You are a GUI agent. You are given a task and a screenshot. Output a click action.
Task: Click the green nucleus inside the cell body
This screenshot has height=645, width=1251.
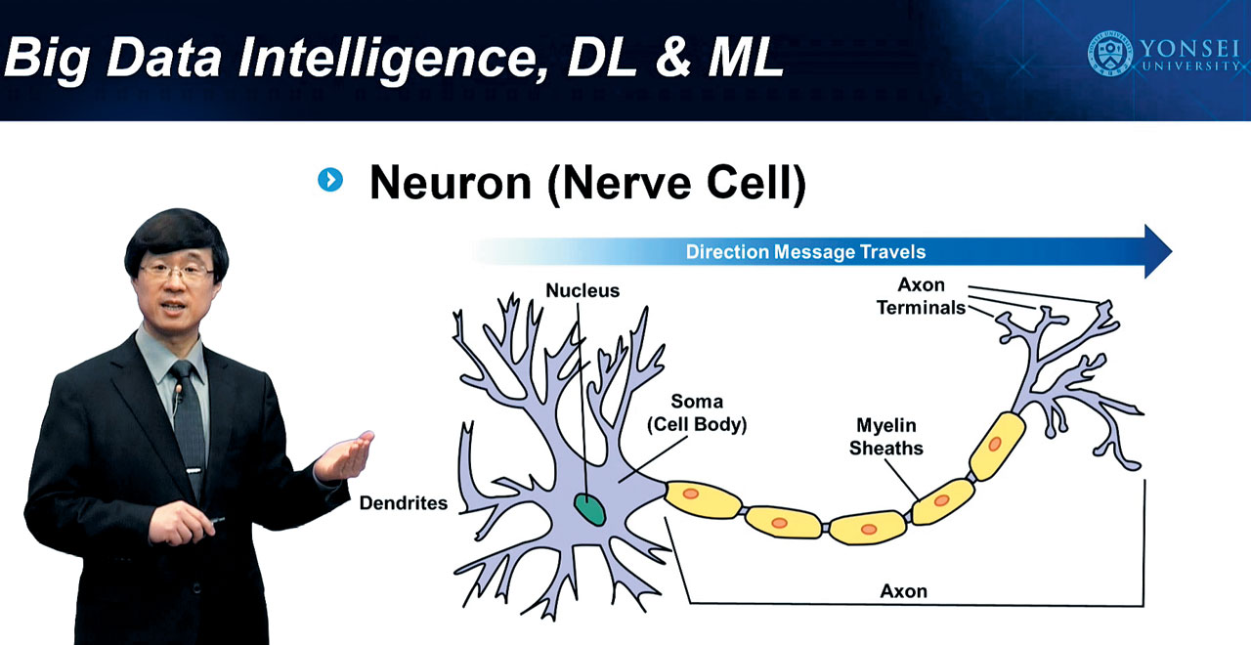click(589, 509)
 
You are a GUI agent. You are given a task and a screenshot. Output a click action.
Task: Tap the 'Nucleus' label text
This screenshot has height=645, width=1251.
click(582, 290)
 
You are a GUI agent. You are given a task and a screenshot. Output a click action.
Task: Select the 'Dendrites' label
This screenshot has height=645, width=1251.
click(404, 503)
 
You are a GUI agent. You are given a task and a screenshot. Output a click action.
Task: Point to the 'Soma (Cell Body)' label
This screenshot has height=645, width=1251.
click(697, 412)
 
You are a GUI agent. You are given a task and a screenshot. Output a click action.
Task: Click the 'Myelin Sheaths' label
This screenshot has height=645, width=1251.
click(886, 437)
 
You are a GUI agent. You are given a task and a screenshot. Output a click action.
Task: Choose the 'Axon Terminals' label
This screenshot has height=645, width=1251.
click(921, 296)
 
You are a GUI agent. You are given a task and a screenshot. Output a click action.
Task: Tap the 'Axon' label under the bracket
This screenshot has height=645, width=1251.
click(904, 591)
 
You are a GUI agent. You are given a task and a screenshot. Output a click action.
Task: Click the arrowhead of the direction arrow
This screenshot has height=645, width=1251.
click(1157, 251)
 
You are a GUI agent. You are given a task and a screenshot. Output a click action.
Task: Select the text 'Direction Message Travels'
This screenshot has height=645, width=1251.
click(805, 252)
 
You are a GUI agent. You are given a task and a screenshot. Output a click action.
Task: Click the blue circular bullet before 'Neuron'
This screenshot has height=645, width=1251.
click(330, 180)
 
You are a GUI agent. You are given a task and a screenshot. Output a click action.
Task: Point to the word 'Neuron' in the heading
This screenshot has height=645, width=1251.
click(451, 183)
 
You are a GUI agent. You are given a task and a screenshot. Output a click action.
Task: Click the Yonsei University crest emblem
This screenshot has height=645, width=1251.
click(1109, 54)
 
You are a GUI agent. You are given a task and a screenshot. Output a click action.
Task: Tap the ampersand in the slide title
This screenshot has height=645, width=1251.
click(673, 57)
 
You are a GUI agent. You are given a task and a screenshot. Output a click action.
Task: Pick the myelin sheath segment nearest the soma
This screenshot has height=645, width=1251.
click(704, 499)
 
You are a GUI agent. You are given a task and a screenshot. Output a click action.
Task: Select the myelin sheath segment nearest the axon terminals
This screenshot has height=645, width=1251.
click(997, 446)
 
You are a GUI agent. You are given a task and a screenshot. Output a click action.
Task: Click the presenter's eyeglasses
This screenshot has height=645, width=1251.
click(176, 273)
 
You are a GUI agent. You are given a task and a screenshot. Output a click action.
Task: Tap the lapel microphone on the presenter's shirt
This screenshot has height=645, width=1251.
click(179, 390)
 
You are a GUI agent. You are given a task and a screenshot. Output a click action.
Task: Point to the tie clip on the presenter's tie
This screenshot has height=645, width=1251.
click(194, 470)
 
